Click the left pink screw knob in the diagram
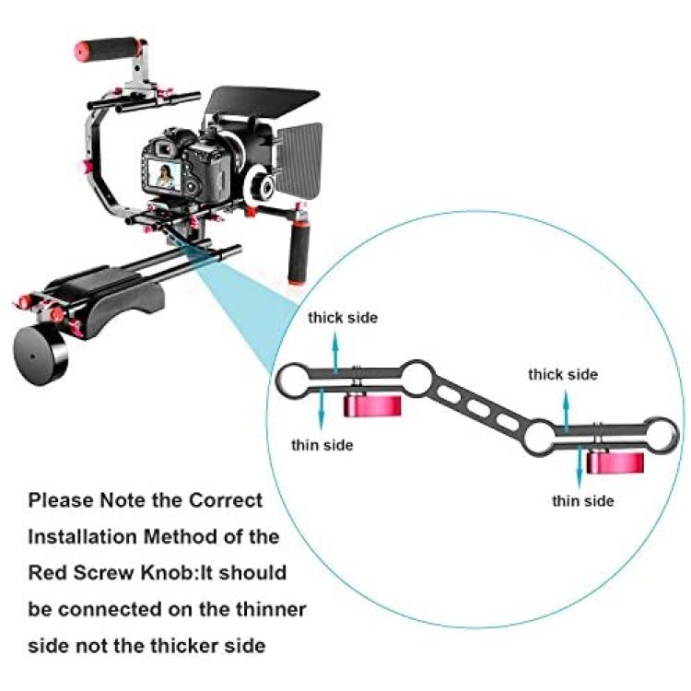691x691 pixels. [x=372, y=406]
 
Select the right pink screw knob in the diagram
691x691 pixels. [x=615, y=463]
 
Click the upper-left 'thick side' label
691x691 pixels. [x=343, y=318]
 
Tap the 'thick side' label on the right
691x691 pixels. [x=563, y=375]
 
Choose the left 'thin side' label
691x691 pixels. [x=322, y=445]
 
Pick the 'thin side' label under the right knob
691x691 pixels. [x=582, y=501]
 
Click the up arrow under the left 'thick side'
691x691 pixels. [x=335, y=353]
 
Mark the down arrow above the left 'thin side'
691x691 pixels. [x=322, y=408]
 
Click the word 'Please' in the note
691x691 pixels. [x=61, y=500]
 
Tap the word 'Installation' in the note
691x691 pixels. [x=82, y=537]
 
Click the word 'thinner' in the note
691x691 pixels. [x=271, y=610]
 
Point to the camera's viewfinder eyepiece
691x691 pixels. [x=165, y=149]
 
